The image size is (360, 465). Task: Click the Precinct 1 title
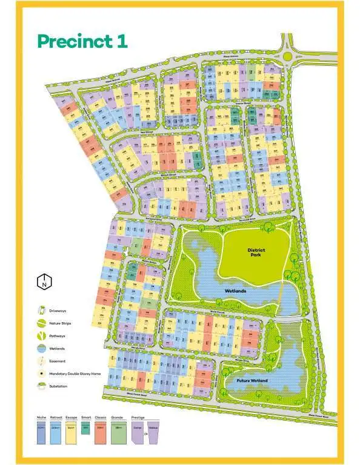click(x=82, y=41)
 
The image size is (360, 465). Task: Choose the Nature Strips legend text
click(x=60, y=323)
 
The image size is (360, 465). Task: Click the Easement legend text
click(x=57, y=361)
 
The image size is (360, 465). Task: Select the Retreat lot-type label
click(x=56, y=418)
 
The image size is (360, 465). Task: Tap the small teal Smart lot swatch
click(x=85, y=428)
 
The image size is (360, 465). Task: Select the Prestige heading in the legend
click(x=138, y=418)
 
